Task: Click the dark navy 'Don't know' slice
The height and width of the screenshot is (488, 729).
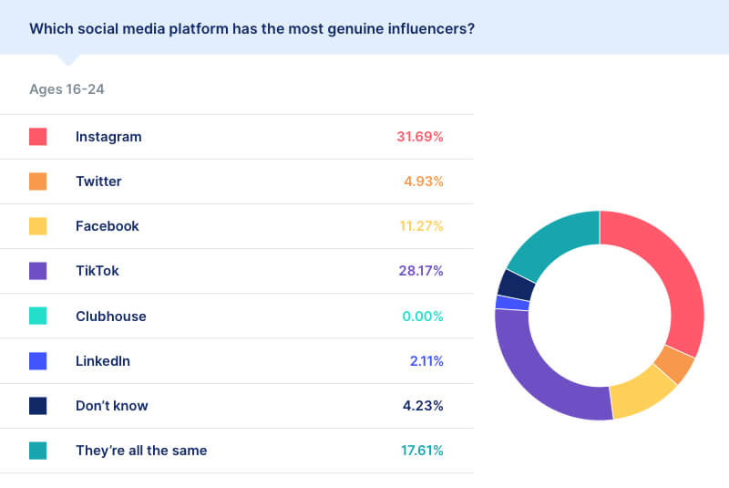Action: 516,284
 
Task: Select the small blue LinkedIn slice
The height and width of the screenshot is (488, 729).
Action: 512,303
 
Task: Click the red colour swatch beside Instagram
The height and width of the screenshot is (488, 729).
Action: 38,137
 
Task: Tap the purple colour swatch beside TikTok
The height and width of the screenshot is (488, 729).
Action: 38,271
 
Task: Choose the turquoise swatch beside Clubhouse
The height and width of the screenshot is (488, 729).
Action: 38,316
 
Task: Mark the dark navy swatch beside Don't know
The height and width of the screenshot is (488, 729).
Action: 38,405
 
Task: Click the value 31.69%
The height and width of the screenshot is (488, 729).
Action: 419,137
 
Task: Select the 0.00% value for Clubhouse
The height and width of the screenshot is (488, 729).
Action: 423,317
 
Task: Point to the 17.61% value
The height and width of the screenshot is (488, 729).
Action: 421,450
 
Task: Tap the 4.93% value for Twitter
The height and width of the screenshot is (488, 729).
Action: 424,182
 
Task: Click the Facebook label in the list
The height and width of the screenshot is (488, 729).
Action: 108,226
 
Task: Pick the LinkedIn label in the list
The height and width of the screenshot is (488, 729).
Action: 103,360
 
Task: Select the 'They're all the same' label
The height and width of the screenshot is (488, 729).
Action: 141,450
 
